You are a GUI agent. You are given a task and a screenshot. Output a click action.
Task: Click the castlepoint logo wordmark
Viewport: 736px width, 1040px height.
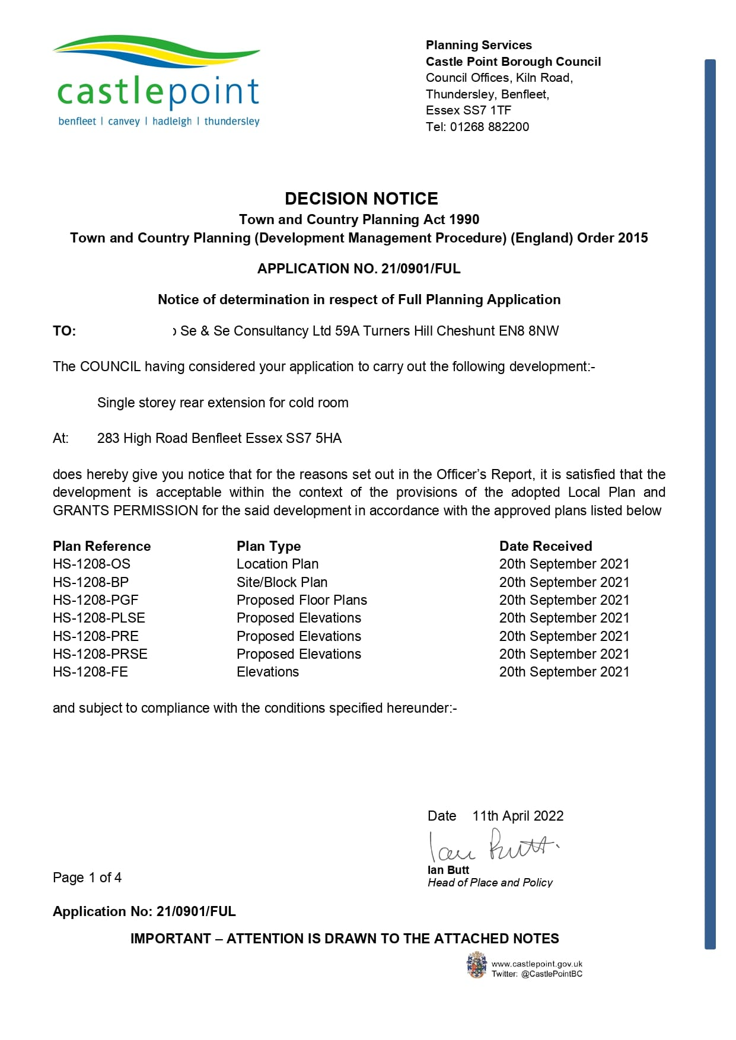click(x=158, y=92)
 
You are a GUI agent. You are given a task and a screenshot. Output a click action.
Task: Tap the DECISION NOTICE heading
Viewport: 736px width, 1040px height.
click(x=361, y=199)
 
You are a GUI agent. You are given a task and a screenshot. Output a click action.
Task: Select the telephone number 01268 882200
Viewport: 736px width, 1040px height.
click(x=489, y=127)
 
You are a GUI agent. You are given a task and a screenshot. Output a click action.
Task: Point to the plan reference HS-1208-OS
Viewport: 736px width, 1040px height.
click(x=91, y=564)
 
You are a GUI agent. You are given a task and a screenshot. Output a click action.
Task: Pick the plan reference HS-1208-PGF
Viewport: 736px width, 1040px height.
click(x=95, y=600)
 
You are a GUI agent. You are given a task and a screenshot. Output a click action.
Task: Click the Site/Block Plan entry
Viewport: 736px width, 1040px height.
click(x=282, y=582)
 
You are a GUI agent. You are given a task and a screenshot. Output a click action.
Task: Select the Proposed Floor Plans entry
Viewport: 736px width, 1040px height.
click(x=301, y=600)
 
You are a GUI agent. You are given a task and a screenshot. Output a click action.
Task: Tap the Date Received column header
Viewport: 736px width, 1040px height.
click(x=545, y=546)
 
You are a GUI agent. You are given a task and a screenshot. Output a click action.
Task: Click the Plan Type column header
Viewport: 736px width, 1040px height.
click(x=269, y=546)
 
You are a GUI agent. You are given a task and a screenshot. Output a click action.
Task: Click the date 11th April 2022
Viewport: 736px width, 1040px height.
click(x=518, y=816)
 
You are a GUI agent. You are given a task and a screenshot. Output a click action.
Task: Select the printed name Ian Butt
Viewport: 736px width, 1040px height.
click(x=448, y=870)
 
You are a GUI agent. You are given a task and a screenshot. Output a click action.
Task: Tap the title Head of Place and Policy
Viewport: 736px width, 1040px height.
click(x=490, y=883)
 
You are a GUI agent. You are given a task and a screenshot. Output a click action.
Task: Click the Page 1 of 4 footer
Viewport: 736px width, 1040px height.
click(x=87, y=878)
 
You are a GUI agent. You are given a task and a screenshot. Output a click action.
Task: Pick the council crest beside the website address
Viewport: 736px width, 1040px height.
click(x=476, y=965)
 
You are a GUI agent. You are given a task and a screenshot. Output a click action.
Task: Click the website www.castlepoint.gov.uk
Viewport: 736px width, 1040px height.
click(x=537, y=964)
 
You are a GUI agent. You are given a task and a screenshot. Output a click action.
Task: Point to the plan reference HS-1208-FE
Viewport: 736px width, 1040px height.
click(x=90, y=672)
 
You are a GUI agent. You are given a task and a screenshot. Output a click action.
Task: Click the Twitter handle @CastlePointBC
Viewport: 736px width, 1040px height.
click(x=552, y=974)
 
